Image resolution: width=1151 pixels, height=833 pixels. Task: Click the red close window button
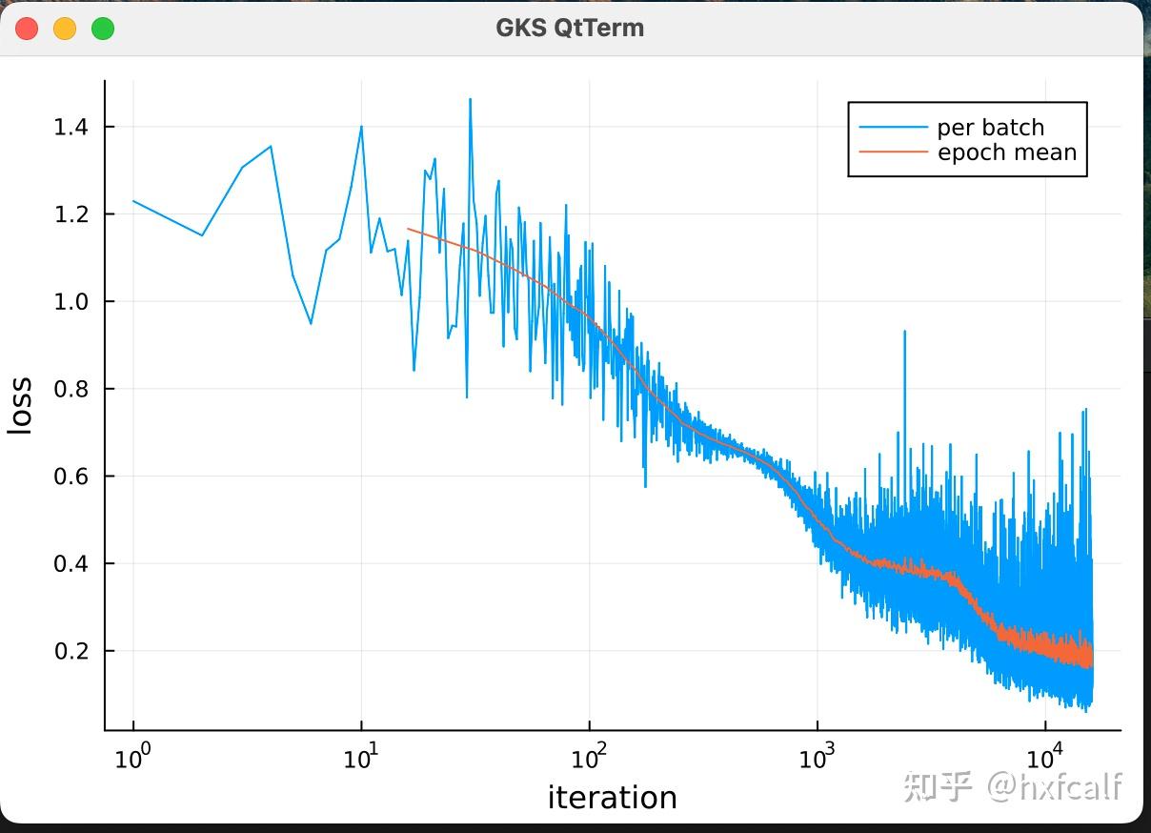click(x=27, y=29)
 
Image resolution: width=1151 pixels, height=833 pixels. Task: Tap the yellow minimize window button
click(x=65, y=29)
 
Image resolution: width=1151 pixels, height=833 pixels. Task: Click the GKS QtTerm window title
click(x=570, y=28)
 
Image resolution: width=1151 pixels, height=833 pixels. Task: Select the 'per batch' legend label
click(x=990, y=128)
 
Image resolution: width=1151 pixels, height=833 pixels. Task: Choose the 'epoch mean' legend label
click(x=1006, y=152)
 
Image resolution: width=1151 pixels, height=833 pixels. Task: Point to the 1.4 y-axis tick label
click(x=72, y=127)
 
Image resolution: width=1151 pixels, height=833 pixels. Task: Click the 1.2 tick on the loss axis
click(x=72, y=214)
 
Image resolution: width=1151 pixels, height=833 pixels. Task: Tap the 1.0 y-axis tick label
click(x=72, y=302)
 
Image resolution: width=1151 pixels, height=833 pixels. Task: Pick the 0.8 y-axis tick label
click(x=72, y=389)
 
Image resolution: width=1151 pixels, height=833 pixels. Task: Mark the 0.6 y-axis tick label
click(x=72, y=477)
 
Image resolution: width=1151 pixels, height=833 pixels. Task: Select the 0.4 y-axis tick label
click(x=72, y=564)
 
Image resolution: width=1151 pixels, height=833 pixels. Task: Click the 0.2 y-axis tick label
click(x=72, y=652)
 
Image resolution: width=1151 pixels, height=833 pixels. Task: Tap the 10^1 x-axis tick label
click(x=360, y=758)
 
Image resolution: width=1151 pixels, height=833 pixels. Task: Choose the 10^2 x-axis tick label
click(x=589, y=758)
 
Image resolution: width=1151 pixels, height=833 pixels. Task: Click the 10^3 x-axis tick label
click(x=817, y=758)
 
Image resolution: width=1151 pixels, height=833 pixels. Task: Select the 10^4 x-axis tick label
click(x=1045, y=758)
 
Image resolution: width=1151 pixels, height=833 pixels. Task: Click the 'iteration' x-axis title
click(x=612, y=798)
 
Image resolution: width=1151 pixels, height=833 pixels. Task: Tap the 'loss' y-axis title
click(x=21, y=406)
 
